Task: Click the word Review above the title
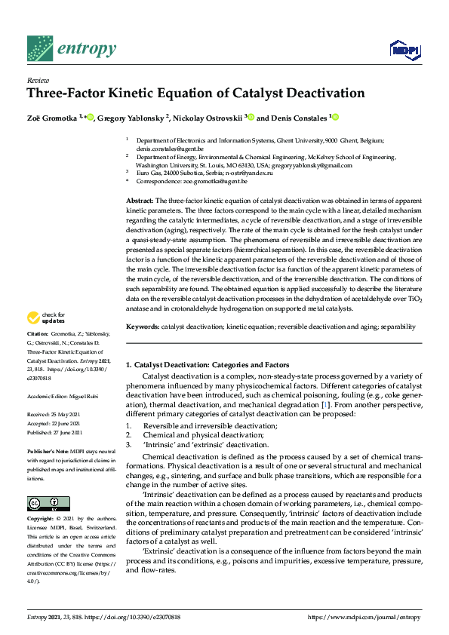37,79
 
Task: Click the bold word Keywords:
142,327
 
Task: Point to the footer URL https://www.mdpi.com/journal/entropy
364,616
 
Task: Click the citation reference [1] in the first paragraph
324,406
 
